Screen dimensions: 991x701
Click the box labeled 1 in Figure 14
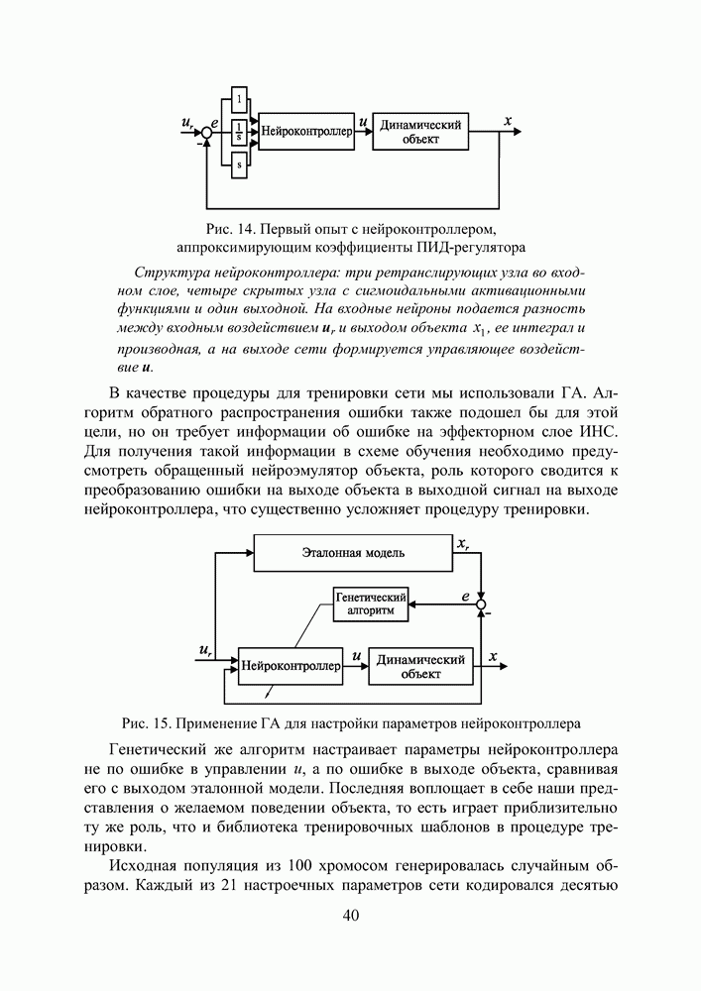(239, 97)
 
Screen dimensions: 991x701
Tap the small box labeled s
(239, 165)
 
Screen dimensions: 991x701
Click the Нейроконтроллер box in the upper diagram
(306, 131)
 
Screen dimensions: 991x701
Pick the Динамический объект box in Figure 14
(421, 131)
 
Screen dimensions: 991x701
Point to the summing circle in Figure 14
(206, 131)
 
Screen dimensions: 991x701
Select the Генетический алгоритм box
(372, 604)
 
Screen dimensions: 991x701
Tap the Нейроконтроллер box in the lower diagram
(290, 667)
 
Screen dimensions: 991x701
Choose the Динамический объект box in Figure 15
(420, 667)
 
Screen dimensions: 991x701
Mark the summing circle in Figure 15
(482, 604)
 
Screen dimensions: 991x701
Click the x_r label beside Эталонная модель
(463, 543)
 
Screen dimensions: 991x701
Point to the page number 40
(350, 915)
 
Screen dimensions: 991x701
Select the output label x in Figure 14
(508, 121)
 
